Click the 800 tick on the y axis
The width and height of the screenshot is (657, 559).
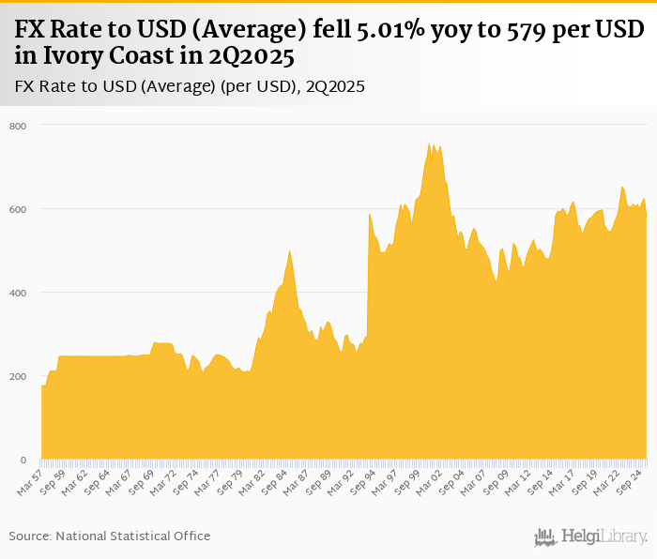pyautogui.click(x=19, y=126)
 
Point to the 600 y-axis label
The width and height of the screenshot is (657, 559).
pyautogui.click(x=19, y=209)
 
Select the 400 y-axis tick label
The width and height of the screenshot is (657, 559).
pyautogui.click(x=19, y=293)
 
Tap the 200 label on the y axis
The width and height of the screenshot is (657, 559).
pyautogui.click(x=19, y=376)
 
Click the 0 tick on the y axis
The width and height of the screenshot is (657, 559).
pyautogui.click(x=23, y=460)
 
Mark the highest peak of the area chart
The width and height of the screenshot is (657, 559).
pyautogui.click(x=430, y=144)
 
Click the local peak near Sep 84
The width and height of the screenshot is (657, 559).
pyautogui.click(x=289, y=251)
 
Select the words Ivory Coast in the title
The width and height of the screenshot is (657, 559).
pyautogui.click(x=90, y=57)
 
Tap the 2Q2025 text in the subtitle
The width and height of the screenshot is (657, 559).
pyautogui.click(x=333, y=87)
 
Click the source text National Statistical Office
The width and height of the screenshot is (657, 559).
pyautogui.click(x=133, y=536)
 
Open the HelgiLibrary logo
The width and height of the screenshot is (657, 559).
pyautogui.click(x=591, y=536)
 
